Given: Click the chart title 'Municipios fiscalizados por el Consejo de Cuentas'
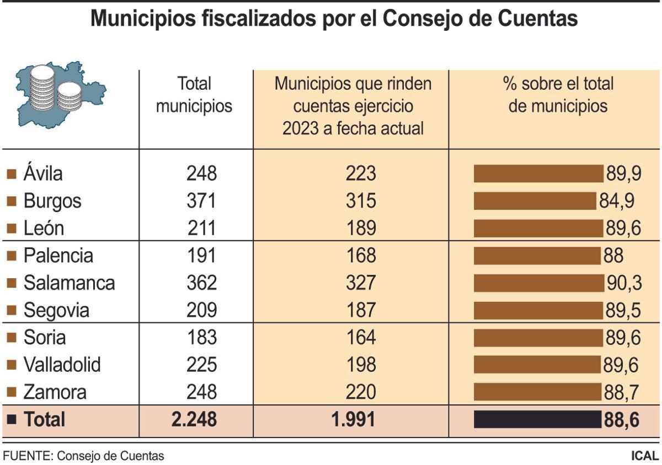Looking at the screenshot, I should pos(334,19).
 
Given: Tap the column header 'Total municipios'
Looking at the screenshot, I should pos(194,95).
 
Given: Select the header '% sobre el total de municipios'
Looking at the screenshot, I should pos(558,95).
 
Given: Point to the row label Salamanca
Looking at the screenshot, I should pos(69,283).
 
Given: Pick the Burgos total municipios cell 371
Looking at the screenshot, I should pos(201,201).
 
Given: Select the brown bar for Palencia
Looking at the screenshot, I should pos(537,256).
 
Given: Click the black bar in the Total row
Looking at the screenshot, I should pos(537,420).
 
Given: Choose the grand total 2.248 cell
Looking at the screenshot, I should pos(194,420).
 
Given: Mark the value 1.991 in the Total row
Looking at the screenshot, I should pos(353,420).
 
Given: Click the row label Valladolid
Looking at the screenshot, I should pos(62,365).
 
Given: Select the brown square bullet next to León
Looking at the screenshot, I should pos(11,229).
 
